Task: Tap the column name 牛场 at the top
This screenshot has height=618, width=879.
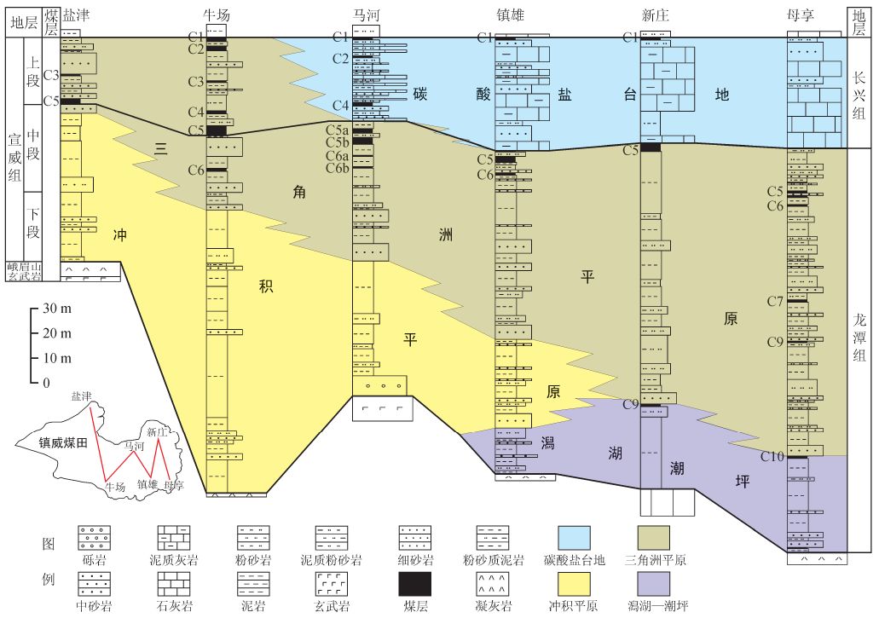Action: [x=217, y=16]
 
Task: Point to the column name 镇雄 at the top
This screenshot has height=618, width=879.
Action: [x=511, y=16]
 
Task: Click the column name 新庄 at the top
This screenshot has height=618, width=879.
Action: [x=654, y=16]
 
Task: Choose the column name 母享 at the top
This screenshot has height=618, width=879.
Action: [x=803, y=16]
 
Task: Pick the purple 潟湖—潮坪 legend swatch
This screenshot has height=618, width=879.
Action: [x=653, y=583]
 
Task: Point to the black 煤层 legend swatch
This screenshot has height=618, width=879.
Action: [x=414, y=583]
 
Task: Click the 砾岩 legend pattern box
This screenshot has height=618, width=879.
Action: [x=94, y=537]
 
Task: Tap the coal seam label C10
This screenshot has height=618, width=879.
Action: [x=772, y=457]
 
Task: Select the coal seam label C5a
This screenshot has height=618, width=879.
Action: [x=338, y=129]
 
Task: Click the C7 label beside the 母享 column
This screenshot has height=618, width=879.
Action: [x=774, y=302]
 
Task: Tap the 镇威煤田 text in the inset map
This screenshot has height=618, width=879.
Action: [x=64, y=444]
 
